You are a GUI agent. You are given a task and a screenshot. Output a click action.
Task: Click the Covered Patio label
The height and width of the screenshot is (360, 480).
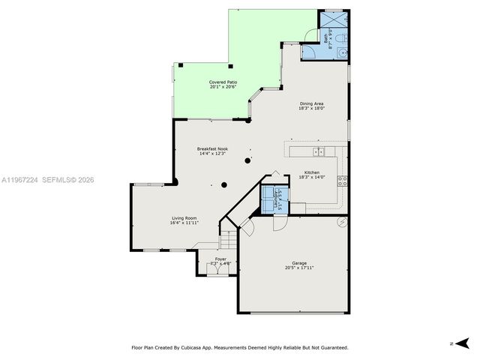[223, 82]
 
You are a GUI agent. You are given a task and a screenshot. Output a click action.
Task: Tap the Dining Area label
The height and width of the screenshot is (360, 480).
[311, 103]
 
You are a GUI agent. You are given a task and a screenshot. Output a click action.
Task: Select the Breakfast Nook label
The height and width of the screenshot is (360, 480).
[212, 148]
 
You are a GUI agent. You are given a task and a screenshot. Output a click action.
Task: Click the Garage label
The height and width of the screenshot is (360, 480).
[298, 262]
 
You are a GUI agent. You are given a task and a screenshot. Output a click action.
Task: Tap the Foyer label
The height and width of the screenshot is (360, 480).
[220, 259]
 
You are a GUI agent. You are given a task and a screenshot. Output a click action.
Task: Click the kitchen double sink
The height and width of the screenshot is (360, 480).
[319, 151]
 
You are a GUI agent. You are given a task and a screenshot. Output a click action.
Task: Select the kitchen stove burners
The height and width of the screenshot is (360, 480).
[342, 180]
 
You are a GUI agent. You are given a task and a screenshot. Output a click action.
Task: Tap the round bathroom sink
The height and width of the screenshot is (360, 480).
[341, 52]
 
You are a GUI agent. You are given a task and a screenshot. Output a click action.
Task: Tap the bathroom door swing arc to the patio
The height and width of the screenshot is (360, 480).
[309, 51]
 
